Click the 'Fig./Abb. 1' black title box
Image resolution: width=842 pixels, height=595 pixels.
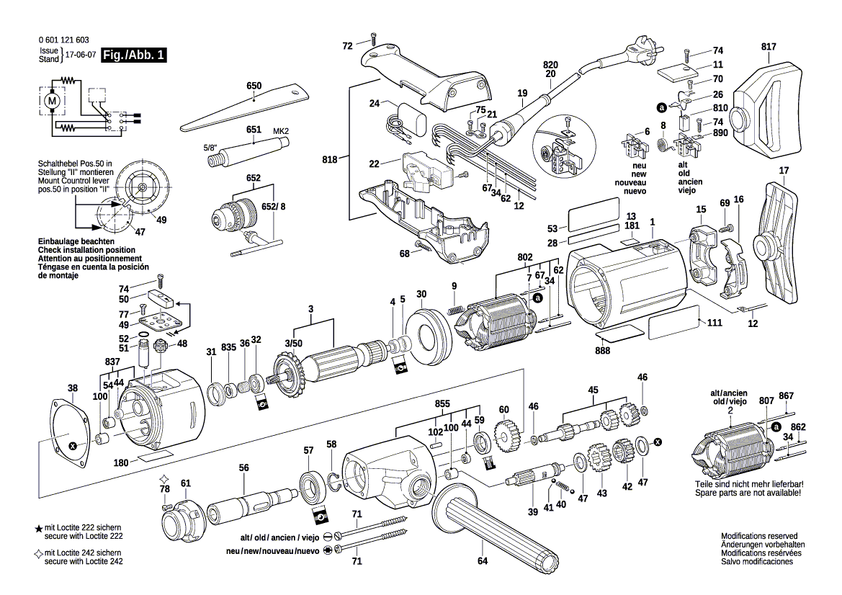click(x=135, y=55)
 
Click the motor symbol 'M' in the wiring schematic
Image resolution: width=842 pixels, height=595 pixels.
click(x=51, y=102)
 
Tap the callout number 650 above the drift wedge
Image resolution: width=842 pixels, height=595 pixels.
click(x=254, y=86)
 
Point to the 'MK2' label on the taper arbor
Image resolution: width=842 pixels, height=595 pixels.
click(x=281, y=130)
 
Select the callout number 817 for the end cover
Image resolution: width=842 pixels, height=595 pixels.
click(x=769, y=47)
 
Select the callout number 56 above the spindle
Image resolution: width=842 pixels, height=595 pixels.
click(x=244, y=468)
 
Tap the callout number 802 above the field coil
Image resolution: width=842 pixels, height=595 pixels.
click(x=524, y=256)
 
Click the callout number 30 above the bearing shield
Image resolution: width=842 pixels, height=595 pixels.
click(x=421, y=294)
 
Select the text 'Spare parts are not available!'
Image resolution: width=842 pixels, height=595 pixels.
click(x=748, y=493)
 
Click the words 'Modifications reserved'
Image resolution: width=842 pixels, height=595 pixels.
click(x=759, y=537)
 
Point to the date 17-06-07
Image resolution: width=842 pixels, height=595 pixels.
click(x=81, y=55)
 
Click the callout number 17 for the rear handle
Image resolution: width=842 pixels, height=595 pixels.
click(x=784, y=171)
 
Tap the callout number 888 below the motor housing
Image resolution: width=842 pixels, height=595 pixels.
click(x=603, y=351)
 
